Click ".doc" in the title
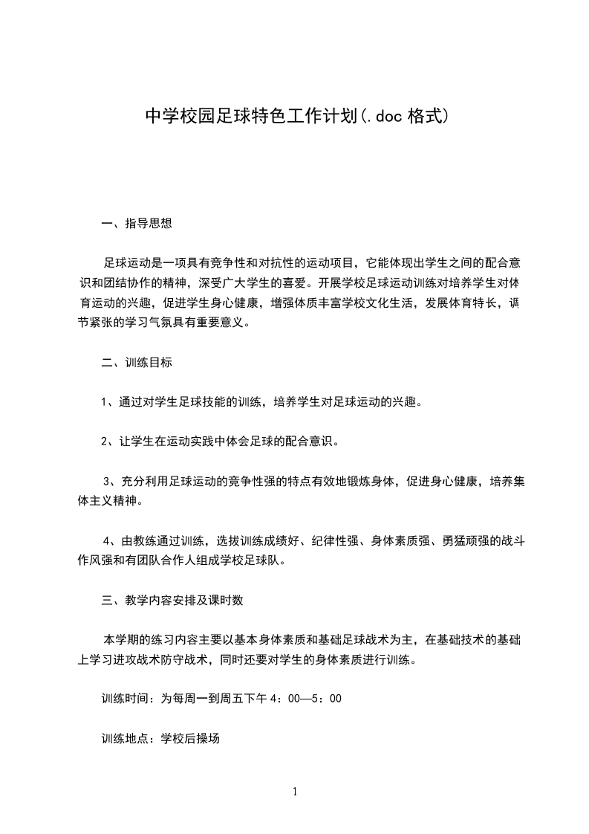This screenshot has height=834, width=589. [384, 116]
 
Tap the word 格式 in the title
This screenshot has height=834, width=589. [426, 116]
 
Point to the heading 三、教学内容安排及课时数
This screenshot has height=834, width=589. [172, 600]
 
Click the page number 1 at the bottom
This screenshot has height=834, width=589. [295, 792]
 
